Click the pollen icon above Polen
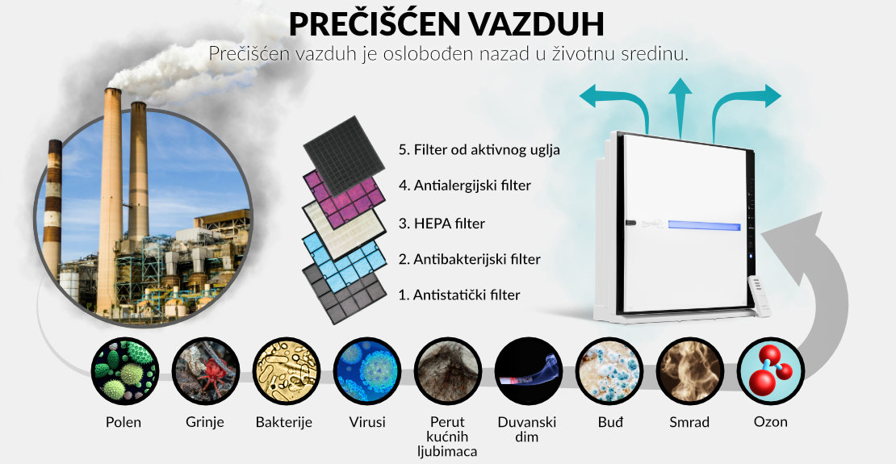[125, 371]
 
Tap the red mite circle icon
[206, 371]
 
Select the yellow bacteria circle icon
[287, 371]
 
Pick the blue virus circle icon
[367, 371]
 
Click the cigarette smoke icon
[529, 371]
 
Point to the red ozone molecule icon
[770, 371]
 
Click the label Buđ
[609, 422]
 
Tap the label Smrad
[689, 422]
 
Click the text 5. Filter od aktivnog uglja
[479, 151]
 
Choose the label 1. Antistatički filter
[459, 295]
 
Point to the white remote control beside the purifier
[760, 295]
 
